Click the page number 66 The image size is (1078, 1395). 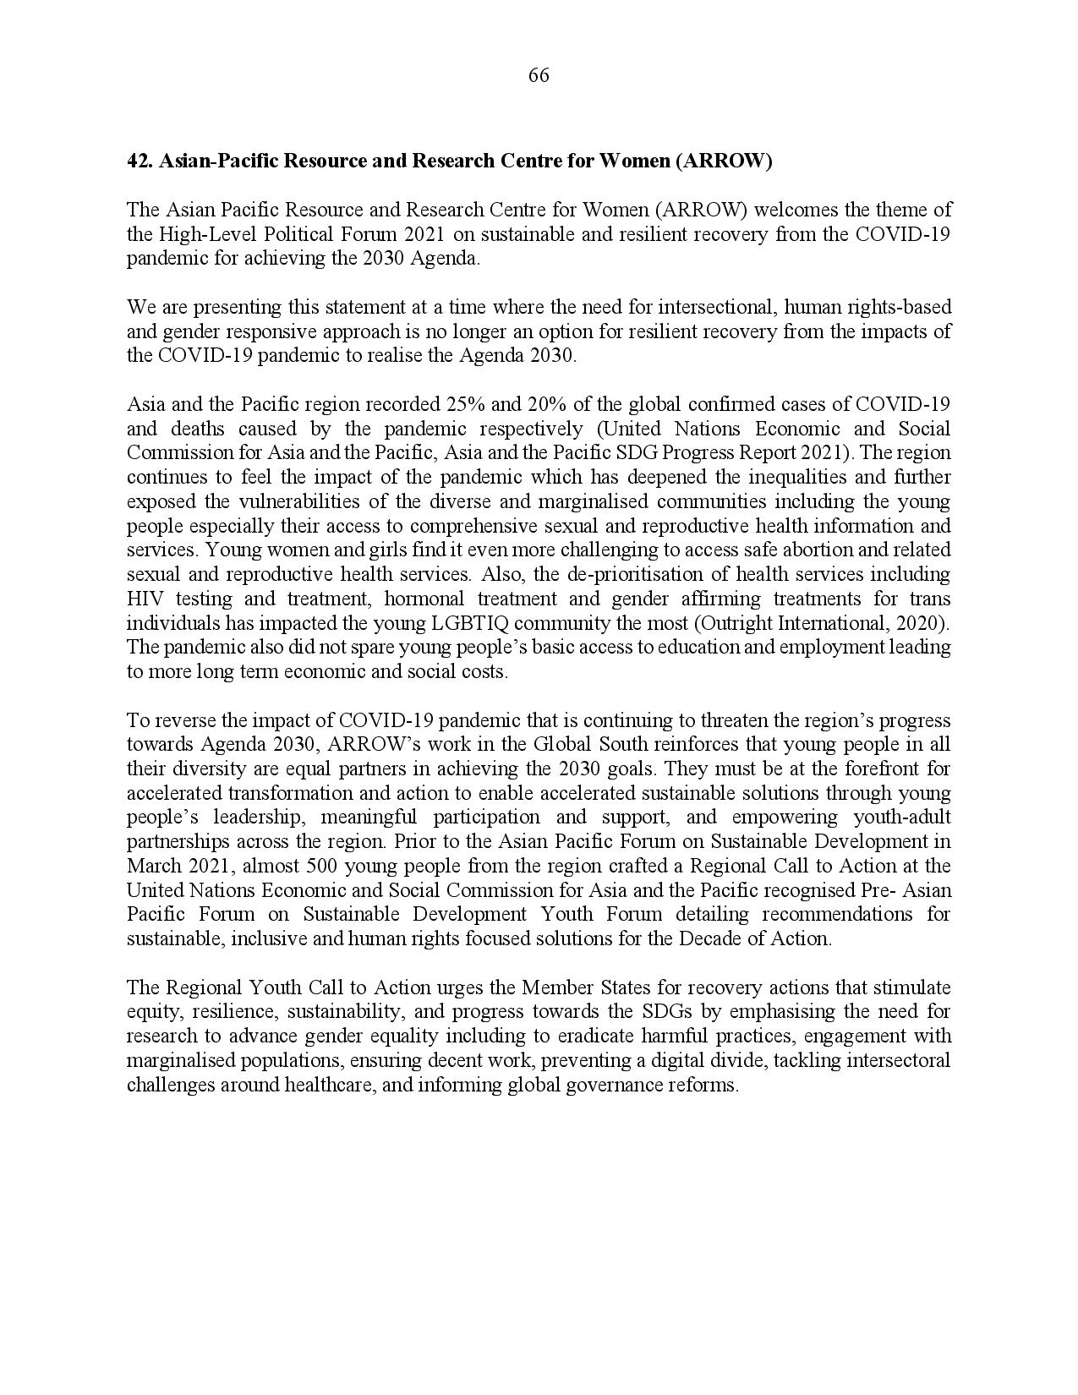539,76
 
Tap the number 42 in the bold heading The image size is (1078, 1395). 138,161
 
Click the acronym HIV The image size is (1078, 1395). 144,599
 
